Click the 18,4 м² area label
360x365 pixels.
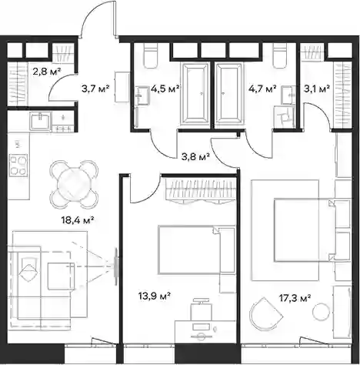[x=78, y=220]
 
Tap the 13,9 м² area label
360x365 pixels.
[x=155, y=296]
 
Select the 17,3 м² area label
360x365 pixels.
[x=295, y=298]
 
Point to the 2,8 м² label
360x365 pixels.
[x=47, y=71]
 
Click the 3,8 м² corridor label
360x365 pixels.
[x=196, y=156]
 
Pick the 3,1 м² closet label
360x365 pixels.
[x=317, y=89]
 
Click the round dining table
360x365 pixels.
[x=75, y=184]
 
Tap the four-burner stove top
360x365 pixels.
[x=18, y=165]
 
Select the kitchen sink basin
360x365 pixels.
[x=40, y=121]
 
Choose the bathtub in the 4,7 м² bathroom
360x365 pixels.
[x=228, y=94]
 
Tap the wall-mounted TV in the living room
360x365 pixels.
[x=116, y=266]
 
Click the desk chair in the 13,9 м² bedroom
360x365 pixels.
[x=202, y=310]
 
